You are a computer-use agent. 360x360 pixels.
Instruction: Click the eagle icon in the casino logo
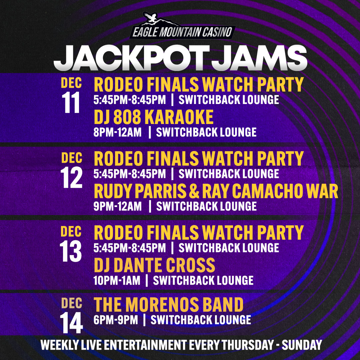(150, 18)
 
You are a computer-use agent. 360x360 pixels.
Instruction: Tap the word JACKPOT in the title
(132, 58)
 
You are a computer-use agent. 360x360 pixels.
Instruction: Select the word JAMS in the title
(259, 58)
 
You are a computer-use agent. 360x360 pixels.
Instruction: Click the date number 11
(71, 102)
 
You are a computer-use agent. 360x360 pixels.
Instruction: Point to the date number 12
(71, 177)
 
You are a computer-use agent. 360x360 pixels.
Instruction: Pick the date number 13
(70, 251)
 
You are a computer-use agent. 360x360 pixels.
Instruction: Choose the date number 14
(71, 323)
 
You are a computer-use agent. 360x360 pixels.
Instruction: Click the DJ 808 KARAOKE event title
(154, 117)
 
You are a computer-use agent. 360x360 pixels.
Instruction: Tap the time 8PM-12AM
(118, 132)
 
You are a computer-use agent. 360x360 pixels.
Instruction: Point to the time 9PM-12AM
(118, 206)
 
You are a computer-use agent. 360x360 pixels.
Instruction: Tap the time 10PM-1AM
(117, 280)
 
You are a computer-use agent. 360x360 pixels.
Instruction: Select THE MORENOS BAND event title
(169, 304)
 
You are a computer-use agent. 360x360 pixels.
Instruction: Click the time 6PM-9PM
(116, 320)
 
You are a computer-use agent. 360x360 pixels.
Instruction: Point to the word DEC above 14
(72, 303)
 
